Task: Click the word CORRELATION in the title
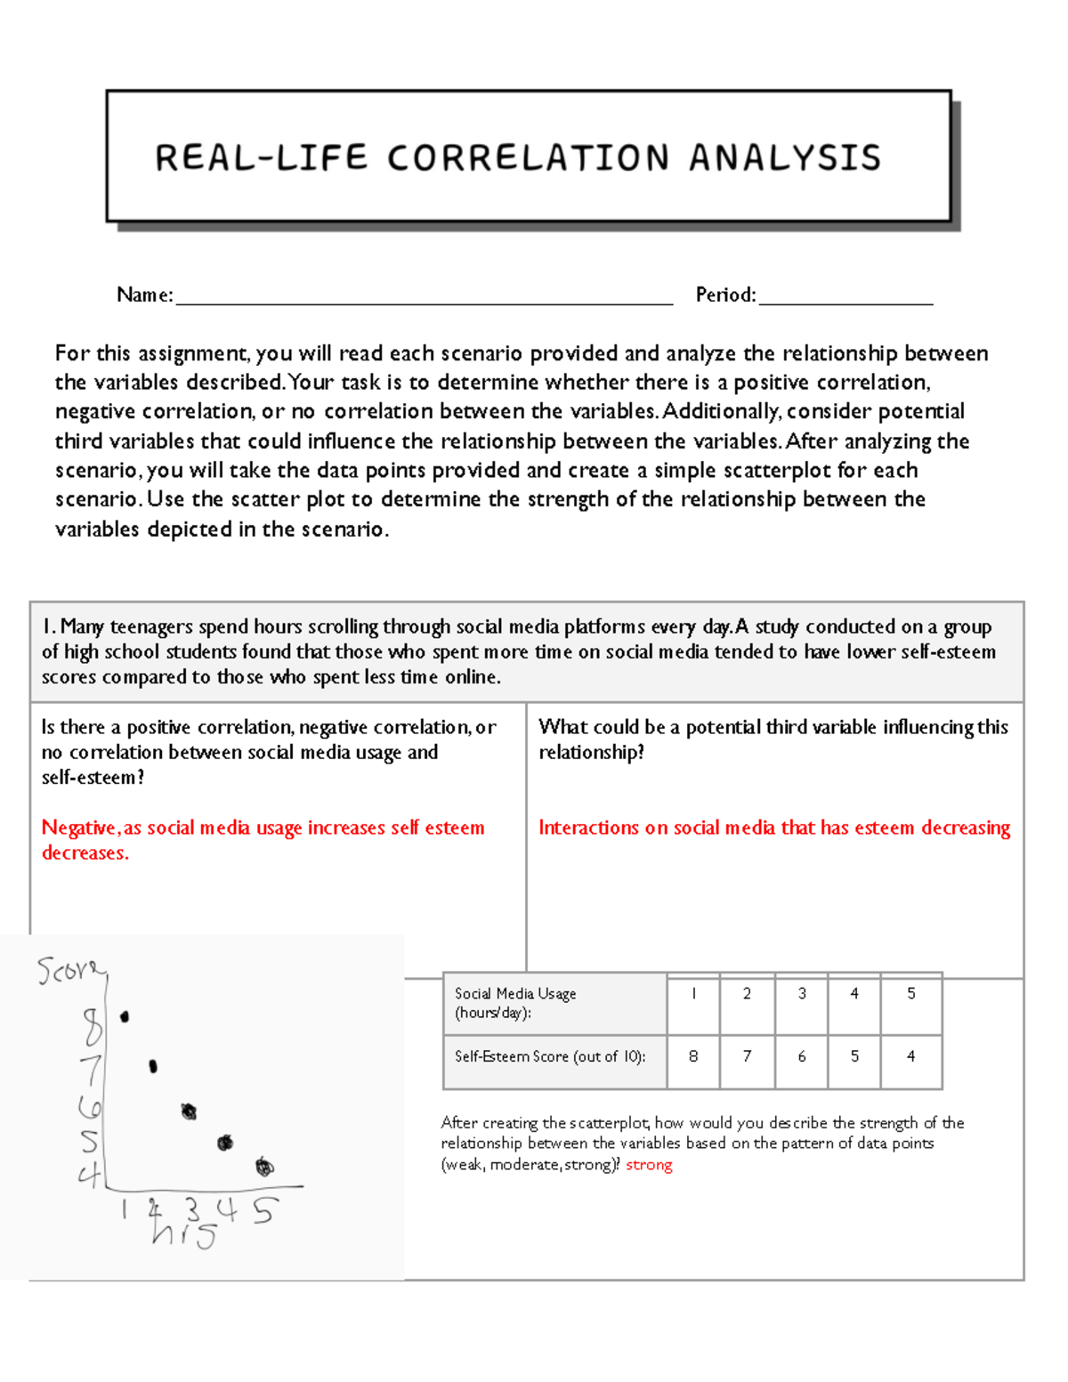[x=528, y=158]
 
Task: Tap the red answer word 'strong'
[x=649, y=1165]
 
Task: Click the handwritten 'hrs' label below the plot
[x=183, y=1234]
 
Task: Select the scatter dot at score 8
[x=125, y=1016]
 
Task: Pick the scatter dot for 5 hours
[x=264, y=1167]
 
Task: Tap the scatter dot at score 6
[x=189, y=1111]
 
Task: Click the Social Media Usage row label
[x=515, y=1003]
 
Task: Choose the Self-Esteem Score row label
[x=550, y=1056]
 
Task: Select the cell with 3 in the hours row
[x=802, y=994]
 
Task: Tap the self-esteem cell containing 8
[x=693, y=1056]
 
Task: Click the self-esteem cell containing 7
[x=747, y=1056]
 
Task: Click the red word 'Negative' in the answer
[x=78, y=828]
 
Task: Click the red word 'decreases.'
[x=85, y=853]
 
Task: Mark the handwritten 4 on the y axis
[x=89, y=1176]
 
